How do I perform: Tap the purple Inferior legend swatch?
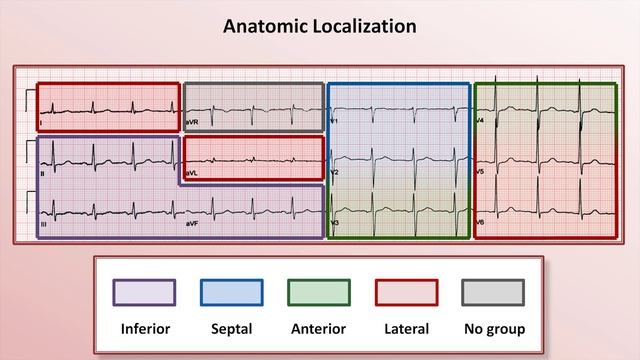[144, 292]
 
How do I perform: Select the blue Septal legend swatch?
[231, 292]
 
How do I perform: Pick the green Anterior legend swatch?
[319, 292]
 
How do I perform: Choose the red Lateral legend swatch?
[406, 292]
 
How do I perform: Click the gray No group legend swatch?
[494, 292]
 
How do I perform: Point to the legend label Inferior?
[144, 328]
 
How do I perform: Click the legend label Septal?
[231, 328]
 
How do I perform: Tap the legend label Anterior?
[319, 328]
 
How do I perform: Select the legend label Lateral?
[406, 328]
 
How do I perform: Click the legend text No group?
[494, 328]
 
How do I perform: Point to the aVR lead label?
[192, 123]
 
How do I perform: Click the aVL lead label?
[192, 173]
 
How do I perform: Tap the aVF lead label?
[191, 224]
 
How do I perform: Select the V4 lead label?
[480, 122]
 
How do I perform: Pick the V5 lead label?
[480, 172]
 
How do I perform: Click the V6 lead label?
[480, 222]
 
